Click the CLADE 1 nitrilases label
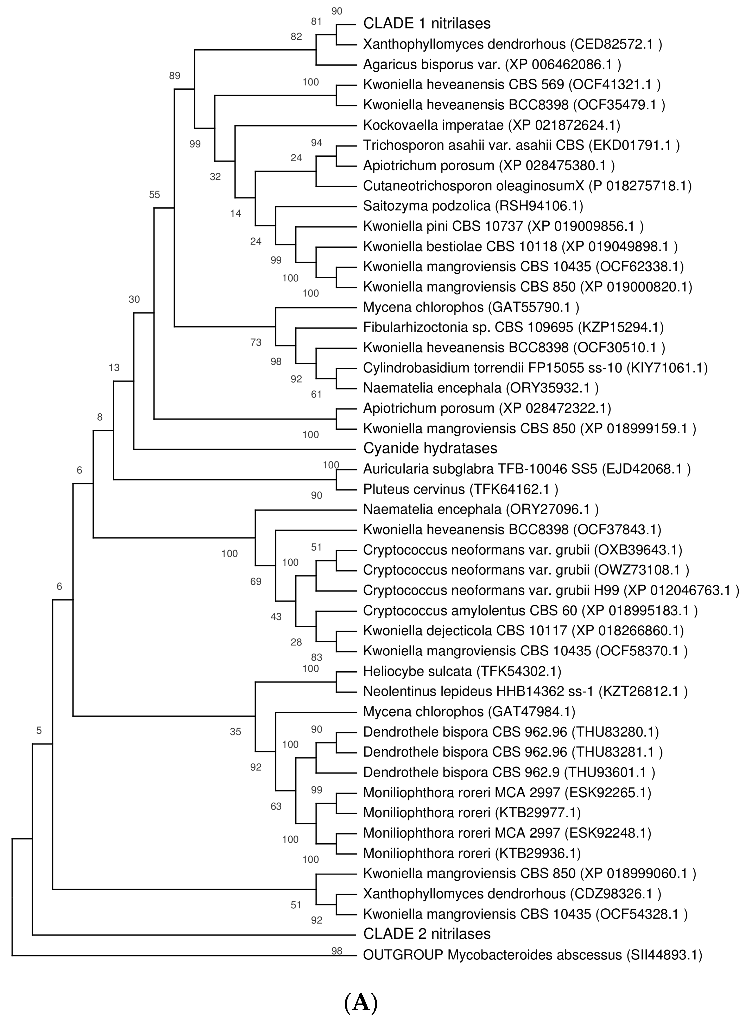tap(427, 23)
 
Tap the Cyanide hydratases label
tap(430, 448)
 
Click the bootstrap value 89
tap(175, 76)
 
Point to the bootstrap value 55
tap(154, 195)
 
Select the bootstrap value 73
tap(256, 342)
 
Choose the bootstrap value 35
tap(236, 731)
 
